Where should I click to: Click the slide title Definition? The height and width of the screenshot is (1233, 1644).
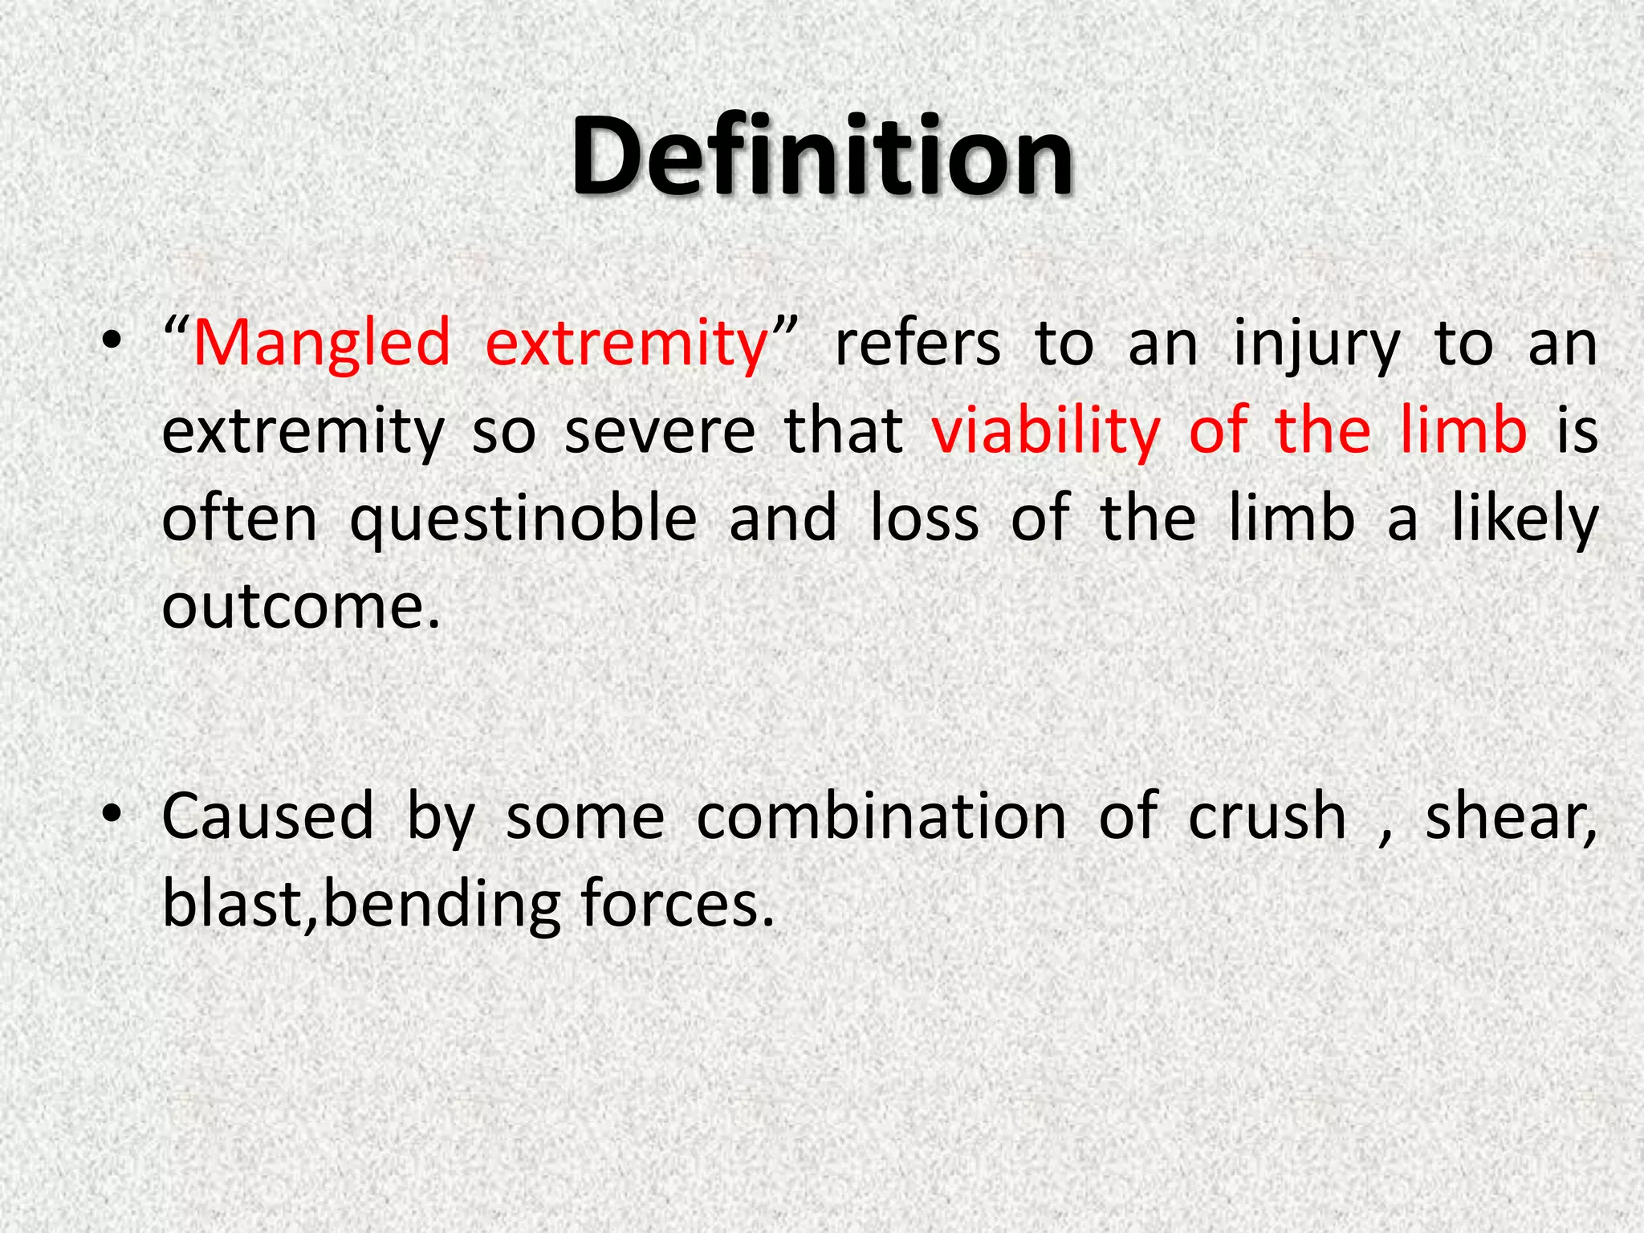[x=821, y=157]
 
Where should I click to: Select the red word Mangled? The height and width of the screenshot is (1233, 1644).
[x=322, y=344]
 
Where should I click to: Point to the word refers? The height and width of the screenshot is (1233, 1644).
[x=918, y=344]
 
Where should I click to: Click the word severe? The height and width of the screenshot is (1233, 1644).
[x=660, y=431]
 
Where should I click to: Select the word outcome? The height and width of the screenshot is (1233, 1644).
[x=302, y=606]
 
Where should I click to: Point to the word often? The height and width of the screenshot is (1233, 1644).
[x=240, y=519]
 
